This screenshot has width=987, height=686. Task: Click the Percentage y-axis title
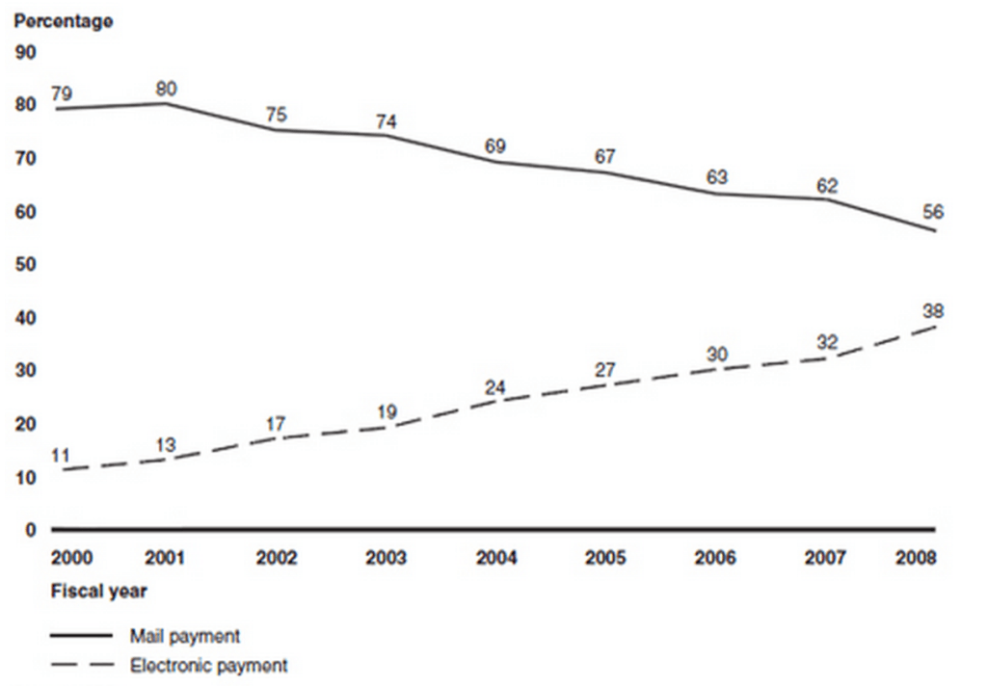click(x=64, y=21)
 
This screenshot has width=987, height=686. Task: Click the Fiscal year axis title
click(x=98, y=591)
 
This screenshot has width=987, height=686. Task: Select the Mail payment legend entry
click(x=184, y=636)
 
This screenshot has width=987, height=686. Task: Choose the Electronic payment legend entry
click(x=208, y=665)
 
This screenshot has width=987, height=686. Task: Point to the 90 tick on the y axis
click(x=26, y=51)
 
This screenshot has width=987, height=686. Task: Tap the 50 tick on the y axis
click(x=26, y=264)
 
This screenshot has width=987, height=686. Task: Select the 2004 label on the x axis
click(x=496, y=559)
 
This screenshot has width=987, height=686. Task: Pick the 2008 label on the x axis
click(x=915, y=559)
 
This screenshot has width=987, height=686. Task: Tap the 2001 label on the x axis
click(x=167, y=559)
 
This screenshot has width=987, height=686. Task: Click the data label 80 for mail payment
click(x=166, y=89)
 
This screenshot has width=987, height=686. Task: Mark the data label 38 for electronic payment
click(x=932, y=311)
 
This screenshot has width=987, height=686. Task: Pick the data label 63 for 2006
click(x=716, y=178)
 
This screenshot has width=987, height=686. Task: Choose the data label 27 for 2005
click(x=605, y=368)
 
